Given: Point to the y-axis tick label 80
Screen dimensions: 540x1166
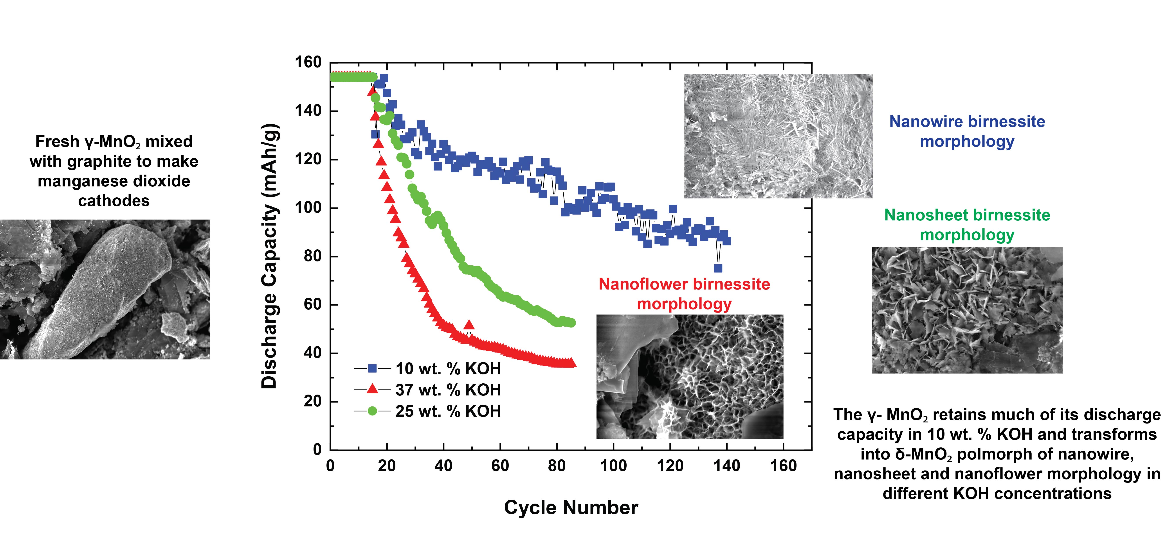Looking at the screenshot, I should (x=312, y=256).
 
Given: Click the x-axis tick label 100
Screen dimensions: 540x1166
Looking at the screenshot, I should (x=613, y=466).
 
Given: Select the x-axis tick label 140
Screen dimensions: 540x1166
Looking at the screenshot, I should (x=726, y=466).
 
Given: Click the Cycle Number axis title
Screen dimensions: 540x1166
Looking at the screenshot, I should (x=571, y=508).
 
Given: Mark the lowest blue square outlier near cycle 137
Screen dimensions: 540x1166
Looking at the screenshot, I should (x=718, y=268).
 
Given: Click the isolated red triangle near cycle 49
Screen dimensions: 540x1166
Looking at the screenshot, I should (x=469, y=325).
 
